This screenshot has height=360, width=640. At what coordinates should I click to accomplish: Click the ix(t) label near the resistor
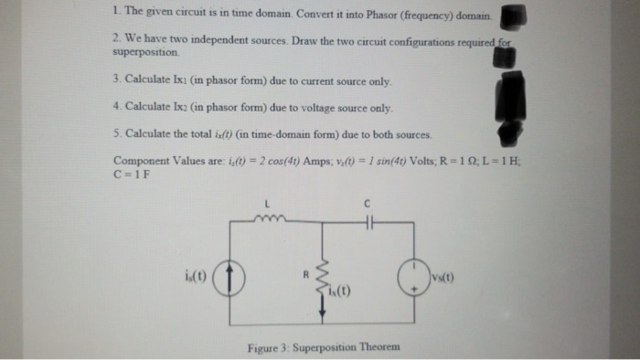point(345,292)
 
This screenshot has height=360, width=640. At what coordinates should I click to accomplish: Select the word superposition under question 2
point(136,53)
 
